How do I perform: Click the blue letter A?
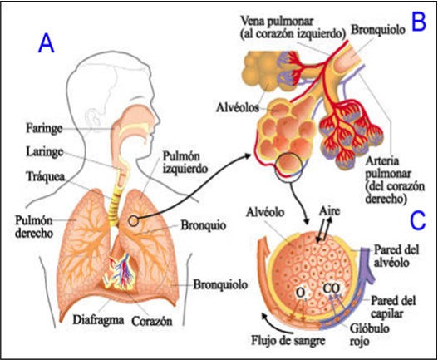point(46,43)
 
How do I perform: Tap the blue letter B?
point(418,22)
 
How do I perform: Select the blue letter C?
point(418,220)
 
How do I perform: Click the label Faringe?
point(44,129)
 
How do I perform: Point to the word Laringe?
point(44,152)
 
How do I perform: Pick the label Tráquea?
point(46,176)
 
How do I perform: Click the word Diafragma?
point(98,320)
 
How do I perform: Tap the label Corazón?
point(152,321)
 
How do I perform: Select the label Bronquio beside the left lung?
point(203,225)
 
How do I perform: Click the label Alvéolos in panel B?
point(238,107)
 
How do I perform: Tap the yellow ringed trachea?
point(114,208)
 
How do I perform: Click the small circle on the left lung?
point(133,221)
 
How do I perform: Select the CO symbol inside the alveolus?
point(332,288)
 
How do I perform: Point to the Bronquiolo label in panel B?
point(377,30)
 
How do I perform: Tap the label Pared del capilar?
point(393,307)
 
